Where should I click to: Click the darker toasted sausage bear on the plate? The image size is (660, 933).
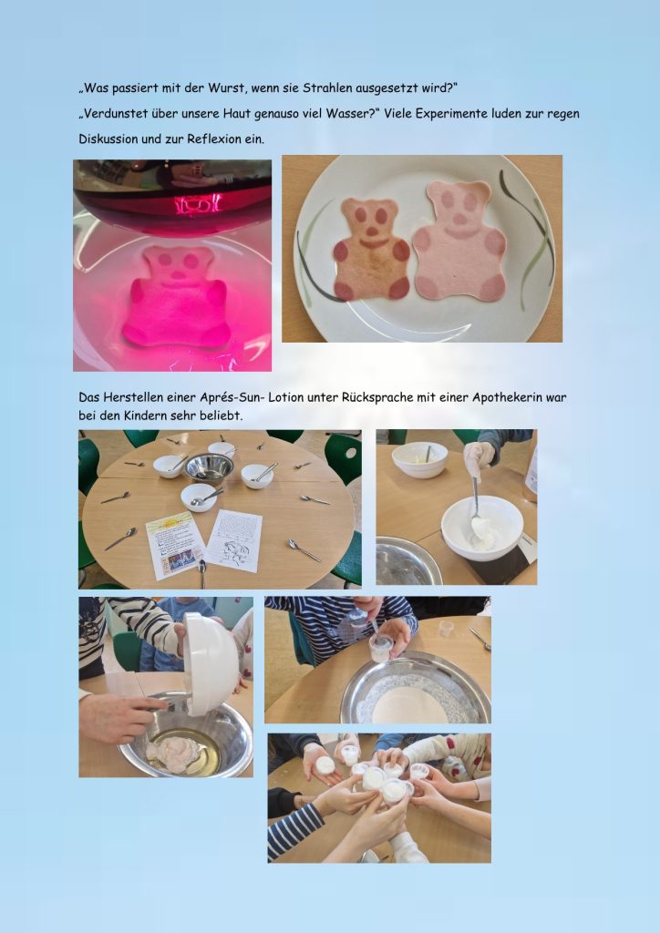coord(372,250)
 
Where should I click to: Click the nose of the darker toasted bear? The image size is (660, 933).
coord(371,231)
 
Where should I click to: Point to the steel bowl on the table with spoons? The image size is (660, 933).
coord(209,466)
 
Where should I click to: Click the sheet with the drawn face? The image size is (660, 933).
coord(234,540)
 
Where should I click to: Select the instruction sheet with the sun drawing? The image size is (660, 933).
coord(175,545)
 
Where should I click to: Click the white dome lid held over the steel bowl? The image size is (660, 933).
coord(210,663)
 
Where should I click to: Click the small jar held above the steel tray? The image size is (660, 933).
coord(381,648)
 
